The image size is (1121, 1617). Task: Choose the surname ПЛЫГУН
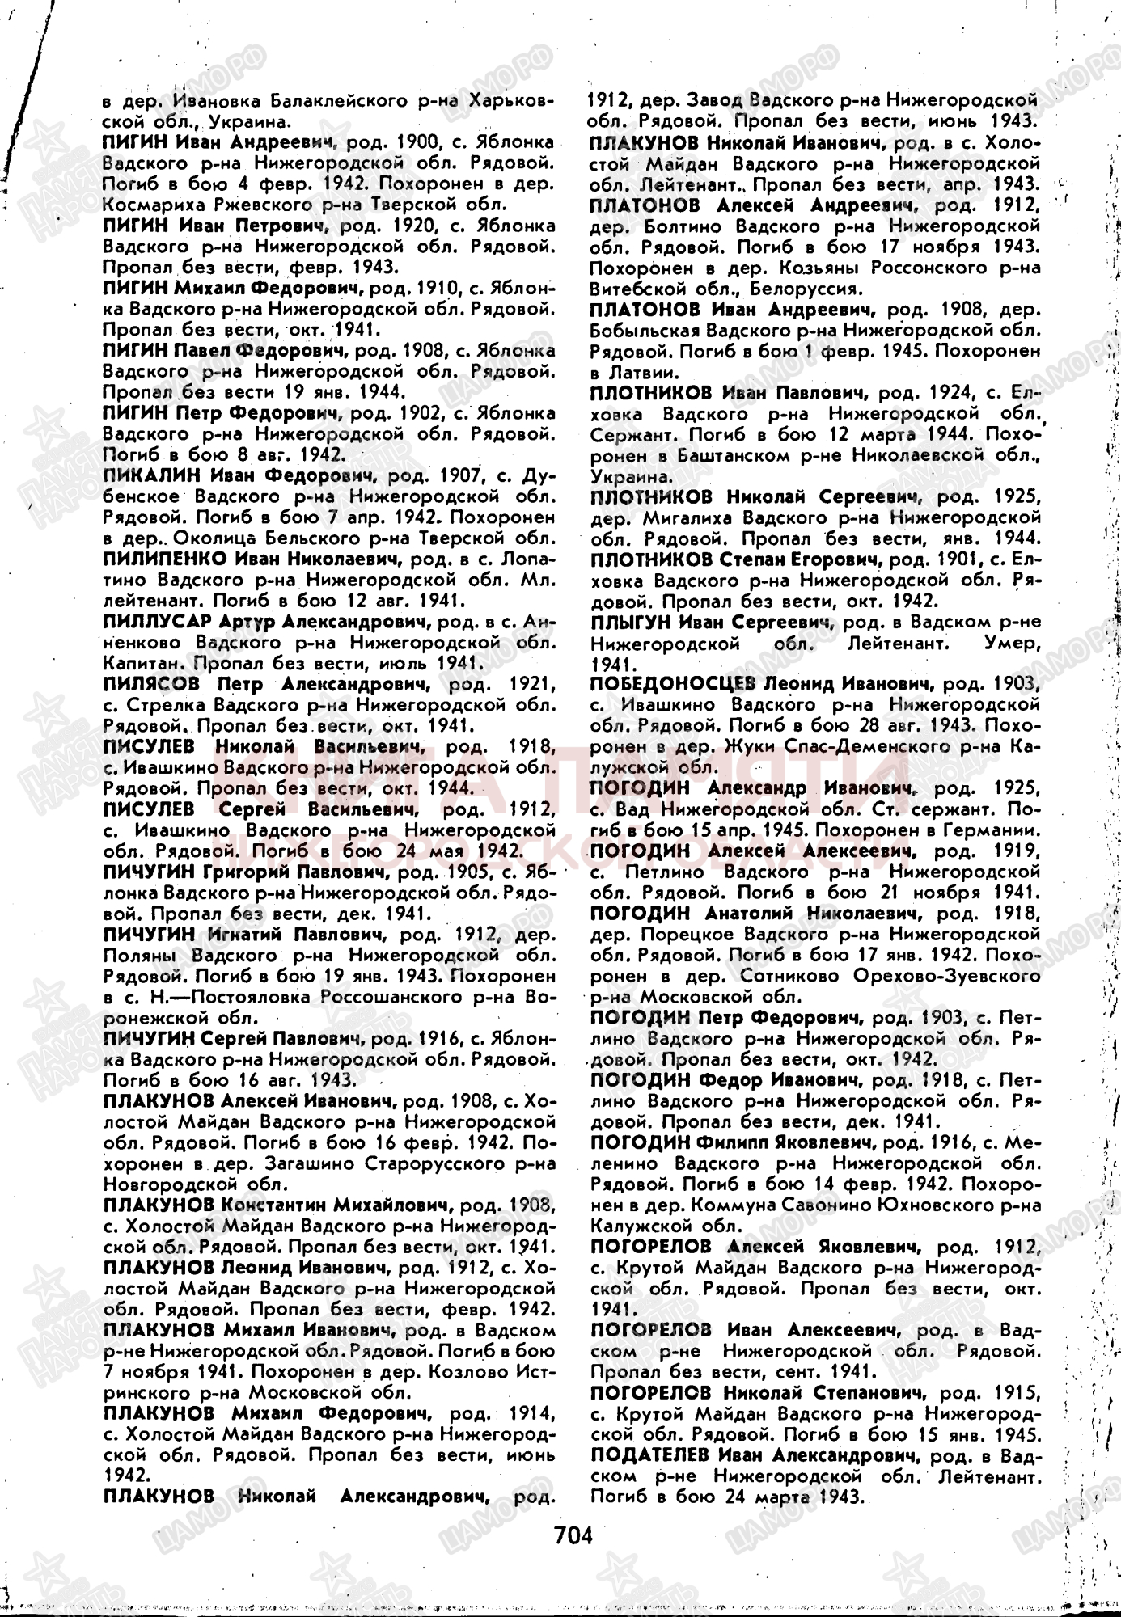628,622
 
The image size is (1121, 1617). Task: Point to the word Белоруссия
811,288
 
